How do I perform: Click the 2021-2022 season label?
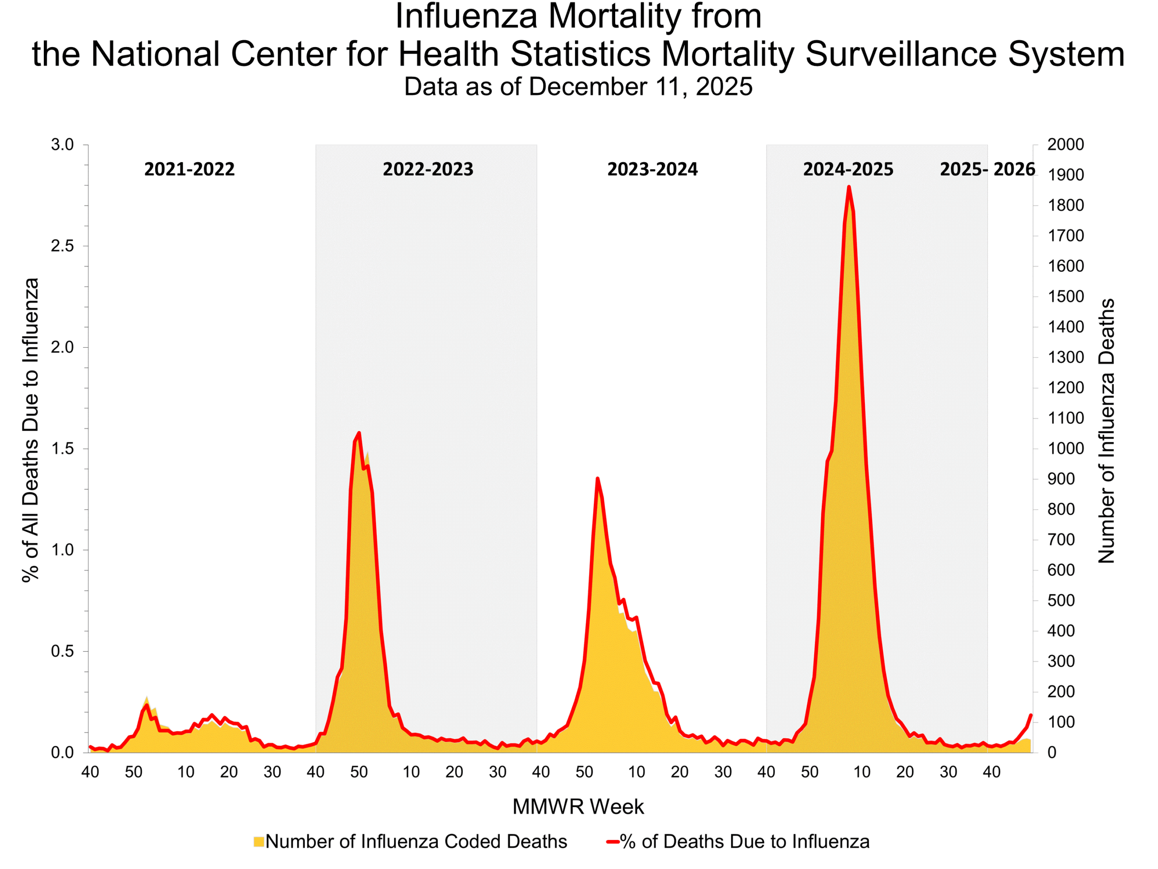point(189,169)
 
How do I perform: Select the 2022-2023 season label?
point(428,169)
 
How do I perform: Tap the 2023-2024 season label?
point(652,169)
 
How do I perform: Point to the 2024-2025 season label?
point(848,169)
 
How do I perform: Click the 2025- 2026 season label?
point(987,169)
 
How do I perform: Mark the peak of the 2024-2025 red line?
point(849,187)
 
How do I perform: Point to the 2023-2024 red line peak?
point(598,478)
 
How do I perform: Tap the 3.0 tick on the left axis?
point(62,144)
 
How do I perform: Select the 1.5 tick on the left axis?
point(62,449)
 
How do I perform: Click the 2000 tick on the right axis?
point(1065,144)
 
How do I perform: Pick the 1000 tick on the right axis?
point(1065,449)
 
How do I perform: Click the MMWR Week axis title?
point(578,807)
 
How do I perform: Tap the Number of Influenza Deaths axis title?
point(1106,430)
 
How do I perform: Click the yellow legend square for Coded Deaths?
point(259,842)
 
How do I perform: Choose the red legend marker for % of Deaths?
point(612,842)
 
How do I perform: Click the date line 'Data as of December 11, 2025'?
point(578,86)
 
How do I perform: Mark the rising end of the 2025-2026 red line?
point(1031,716)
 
